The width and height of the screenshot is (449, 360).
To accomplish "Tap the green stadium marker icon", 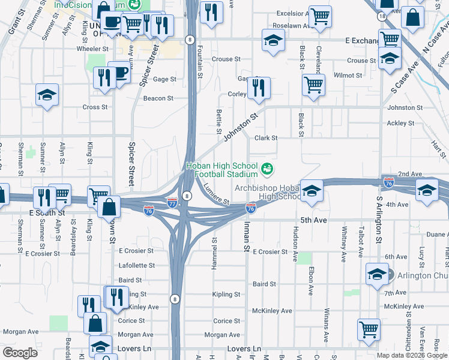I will tap(268, 168).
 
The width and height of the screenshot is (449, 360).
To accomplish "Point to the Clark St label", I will tap(266, 138).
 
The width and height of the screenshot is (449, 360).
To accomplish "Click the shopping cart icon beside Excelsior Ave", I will tap(320, 16).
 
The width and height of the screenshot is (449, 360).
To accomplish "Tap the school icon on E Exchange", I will tap(273, 41).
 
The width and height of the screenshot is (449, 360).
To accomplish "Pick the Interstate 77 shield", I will tap(172, 203).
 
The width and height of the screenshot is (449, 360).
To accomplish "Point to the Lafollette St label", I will tap(136, 265).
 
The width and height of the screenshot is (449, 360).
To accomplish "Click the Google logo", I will tap(20, 353).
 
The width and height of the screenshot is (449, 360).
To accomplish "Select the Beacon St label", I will tap(158, 98).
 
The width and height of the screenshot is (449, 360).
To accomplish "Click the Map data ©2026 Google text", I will tap(411, 355).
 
